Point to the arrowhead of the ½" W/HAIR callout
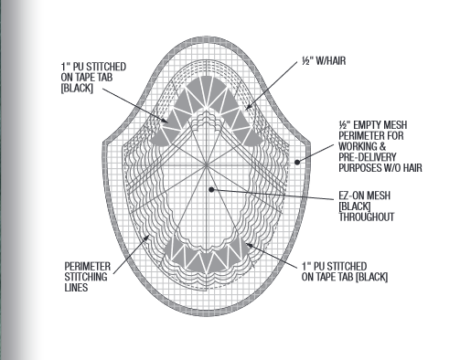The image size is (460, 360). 246,110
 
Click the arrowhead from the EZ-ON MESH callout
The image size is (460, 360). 212,189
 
